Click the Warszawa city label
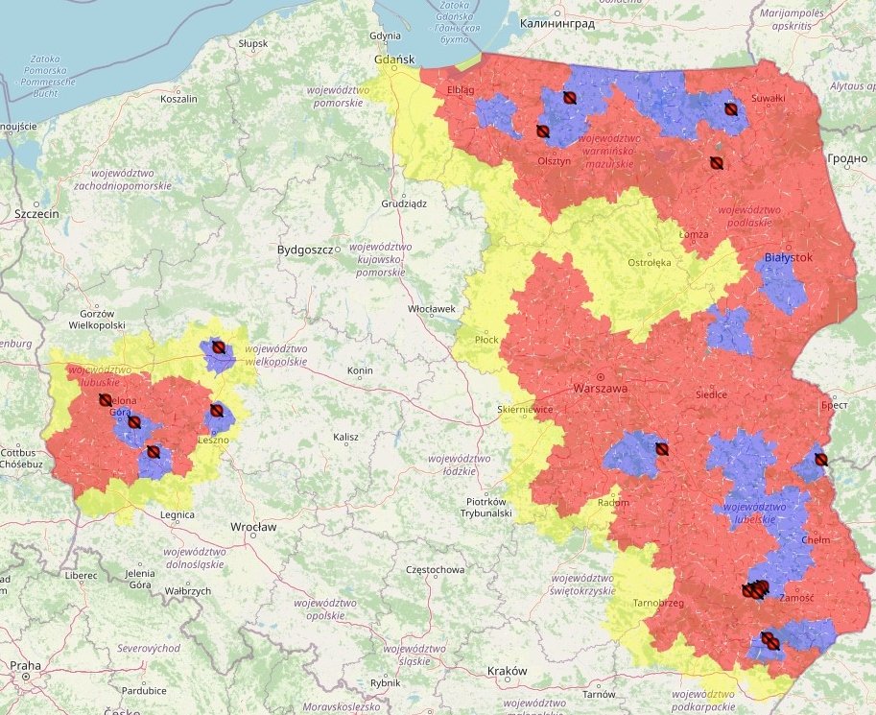pos(600,389)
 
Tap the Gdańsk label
pos(393,60)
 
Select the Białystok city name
pos(789,258)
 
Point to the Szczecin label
pos(36,214)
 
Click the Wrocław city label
pos(253,527)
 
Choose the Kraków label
pos(507,670)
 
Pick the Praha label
pos(26,665)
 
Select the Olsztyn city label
pos(554,161)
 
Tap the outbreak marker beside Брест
pos(820,460)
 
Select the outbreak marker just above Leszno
pos(217,411)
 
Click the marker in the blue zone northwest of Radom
pos(661,448)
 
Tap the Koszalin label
pos(178,99)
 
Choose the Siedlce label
pos(711,394)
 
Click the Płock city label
pos(486,340)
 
